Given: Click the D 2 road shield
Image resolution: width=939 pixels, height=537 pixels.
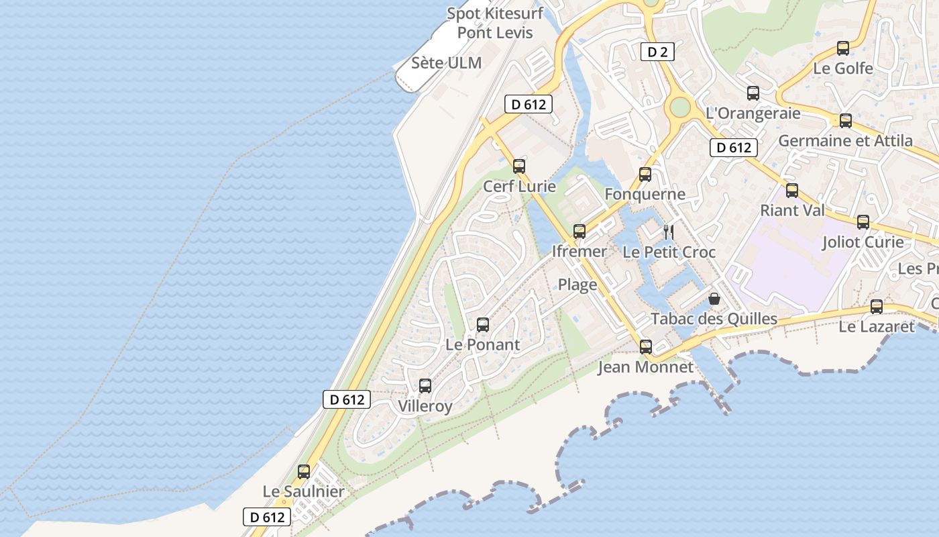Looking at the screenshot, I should [657, 52].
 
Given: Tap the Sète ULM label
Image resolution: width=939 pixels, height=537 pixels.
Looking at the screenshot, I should [446, 63].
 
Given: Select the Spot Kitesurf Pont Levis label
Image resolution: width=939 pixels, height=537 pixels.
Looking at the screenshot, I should [495, 23].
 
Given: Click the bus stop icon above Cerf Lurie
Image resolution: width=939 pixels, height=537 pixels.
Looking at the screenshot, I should [519, 166].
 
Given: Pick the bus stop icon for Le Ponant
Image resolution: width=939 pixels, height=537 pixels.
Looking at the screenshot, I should [483, 326].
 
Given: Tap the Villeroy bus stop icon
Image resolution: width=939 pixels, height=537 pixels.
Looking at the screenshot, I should [425, 386].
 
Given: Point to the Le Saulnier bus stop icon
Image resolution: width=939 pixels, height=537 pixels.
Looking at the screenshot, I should [304, 472].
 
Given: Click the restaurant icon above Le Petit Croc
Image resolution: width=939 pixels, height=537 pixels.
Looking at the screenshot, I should [669, 232].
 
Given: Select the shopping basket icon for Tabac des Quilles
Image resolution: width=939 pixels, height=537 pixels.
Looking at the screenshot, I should [714, 299].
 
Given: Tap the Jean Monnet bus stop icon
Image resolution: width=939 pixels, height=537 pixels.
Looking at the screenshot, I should [646, 347].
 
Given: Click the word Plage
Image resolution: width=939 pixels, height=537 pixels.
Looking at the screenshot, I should [577, 285].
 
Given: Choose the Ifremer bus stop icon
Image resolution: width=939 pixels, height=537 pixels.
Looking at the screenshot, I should [579, 232].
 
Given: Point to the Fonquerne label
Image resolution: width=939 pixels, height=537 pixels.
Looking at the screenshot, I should [645, 195].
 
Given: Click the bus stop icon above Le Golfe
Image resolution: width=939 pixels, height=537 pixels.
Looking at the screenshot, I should [843, 48].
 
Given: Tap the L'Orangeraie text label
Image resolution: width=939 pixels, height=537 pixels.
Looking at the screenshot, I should [753, 113].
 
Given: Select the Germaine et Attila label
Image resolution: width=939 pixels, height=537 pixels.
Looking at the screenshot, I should [845, 141].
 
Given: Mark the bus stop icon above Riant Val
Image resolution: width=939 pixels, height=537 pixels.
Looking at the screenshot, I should [792, 191].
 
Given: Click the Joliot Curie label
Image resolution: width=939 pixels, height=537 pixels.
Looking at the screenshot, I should [863, 242].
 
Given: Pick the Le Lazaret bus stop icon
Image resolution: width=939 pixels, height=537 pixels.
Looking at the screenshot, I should [877, 307].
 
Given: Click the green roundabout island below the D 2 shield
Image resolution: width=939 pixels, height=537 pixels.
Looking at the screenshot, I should [679, 106].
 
